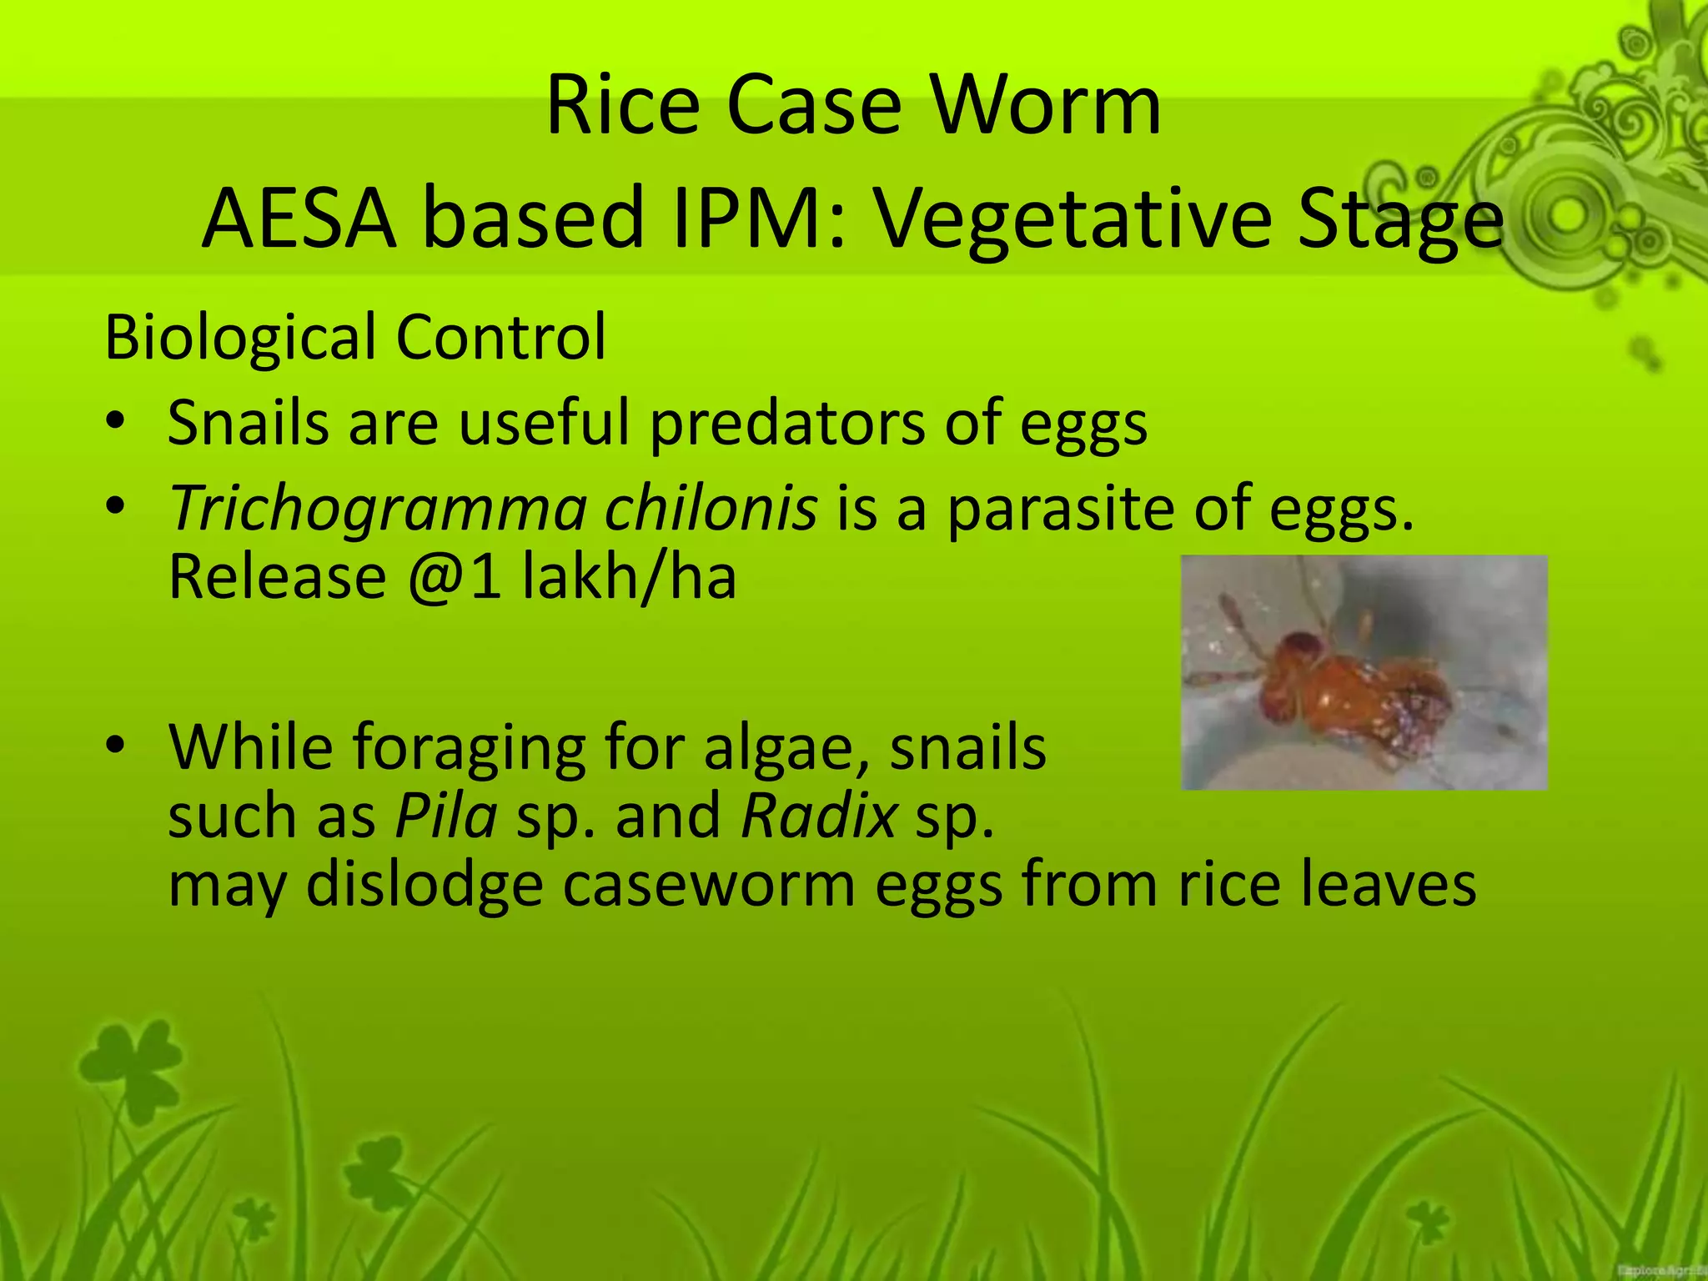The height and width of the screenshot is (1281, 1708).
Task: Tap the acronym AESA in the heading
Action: [298, 219]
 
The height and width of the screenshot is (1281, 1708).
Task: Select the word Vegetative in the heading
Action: [1073, 219]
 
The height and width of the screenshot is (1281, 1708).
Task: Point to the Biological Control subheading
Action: [355, 337]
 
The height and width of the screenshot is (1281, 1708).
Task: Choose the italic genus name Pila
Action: [446, 816]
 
